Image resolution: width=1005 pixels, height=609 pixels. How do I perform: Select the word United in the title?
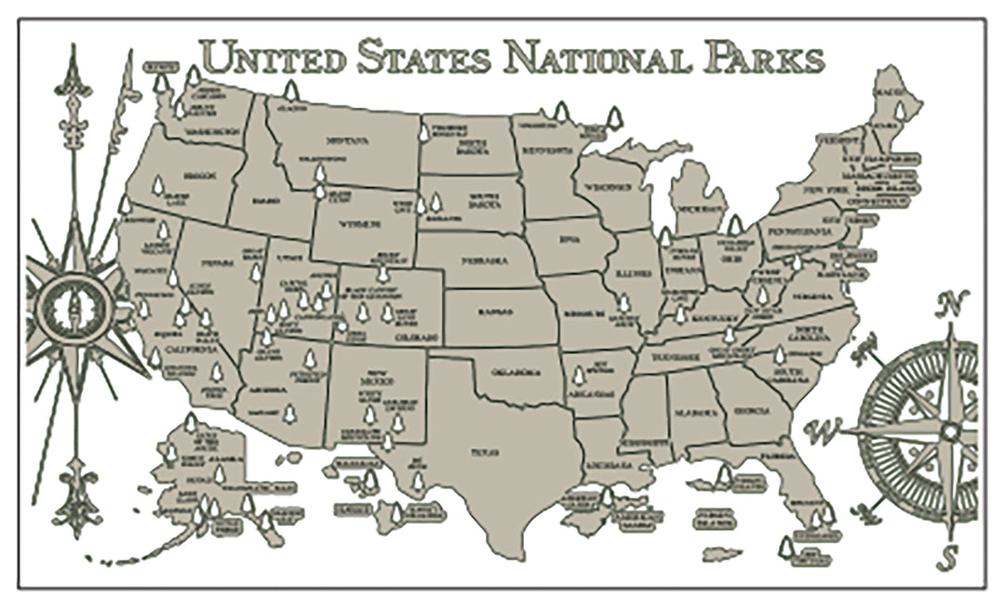(269, 58)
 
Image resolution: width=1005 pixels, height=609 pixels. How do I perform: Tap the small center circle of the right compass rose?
(948, 431)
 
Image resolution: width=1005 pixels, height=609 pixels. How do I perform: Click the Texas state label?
(484, 452)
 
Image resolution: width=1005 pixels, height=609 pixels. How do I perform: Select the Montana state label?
(347, 141)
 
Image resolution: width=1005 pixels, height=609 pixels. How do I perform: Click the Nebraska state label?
(489, 261)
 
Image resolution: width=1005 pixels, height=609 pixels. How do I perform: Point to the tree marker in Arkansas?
(579, 376)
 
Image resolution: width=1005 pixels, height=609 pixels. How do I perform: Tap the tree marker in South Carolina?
(780, 354)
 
